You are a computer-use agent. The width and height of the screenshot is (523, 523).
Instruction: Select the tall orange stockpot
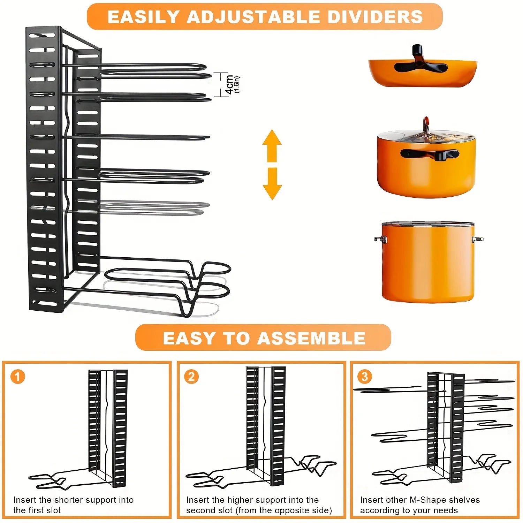pos(428,261)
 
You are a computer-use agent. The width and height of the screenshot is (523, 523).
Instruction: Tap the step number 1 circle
pos(18,377)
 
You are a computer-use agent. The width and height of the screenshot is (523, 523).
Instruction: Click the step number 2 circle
pos(191,377)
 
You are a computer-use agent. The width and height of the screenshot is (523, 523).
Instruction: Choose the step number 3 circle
pos(365,377)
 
